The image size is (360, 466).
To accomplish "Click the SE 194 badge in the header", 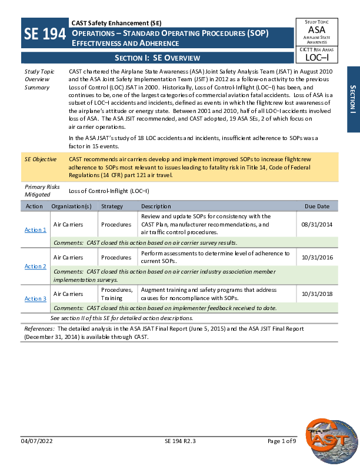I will click(x=45, y=34).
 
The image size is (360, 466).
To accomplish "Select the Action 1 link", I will click(x=35, y=229).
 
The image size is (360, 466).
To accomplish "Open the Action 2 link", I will click(x=35, y=266).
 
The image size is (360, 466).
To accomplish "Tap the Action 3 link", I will click(x=35, y=299).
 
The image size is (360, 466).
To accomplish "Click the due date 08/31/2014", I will click(x=316, y=224).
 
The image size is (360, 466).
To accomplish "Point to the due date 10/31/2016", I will click(x=316, y=257).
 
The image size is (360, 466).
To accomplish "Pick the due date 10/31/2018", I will click(x=316, y=294).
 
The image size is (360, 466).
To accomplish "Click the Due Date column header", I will click(x=317, y=207).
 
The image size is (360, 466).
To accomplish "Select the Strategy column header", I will click(x=112, y=207).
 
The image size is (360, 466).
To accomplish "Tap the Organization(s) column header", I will click(x=71, y=207).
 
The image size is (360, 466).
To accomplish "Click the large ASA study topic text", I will click(x=316, y=29).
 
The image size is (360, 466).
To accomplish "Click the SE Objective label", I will click(x=41, y=159).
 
